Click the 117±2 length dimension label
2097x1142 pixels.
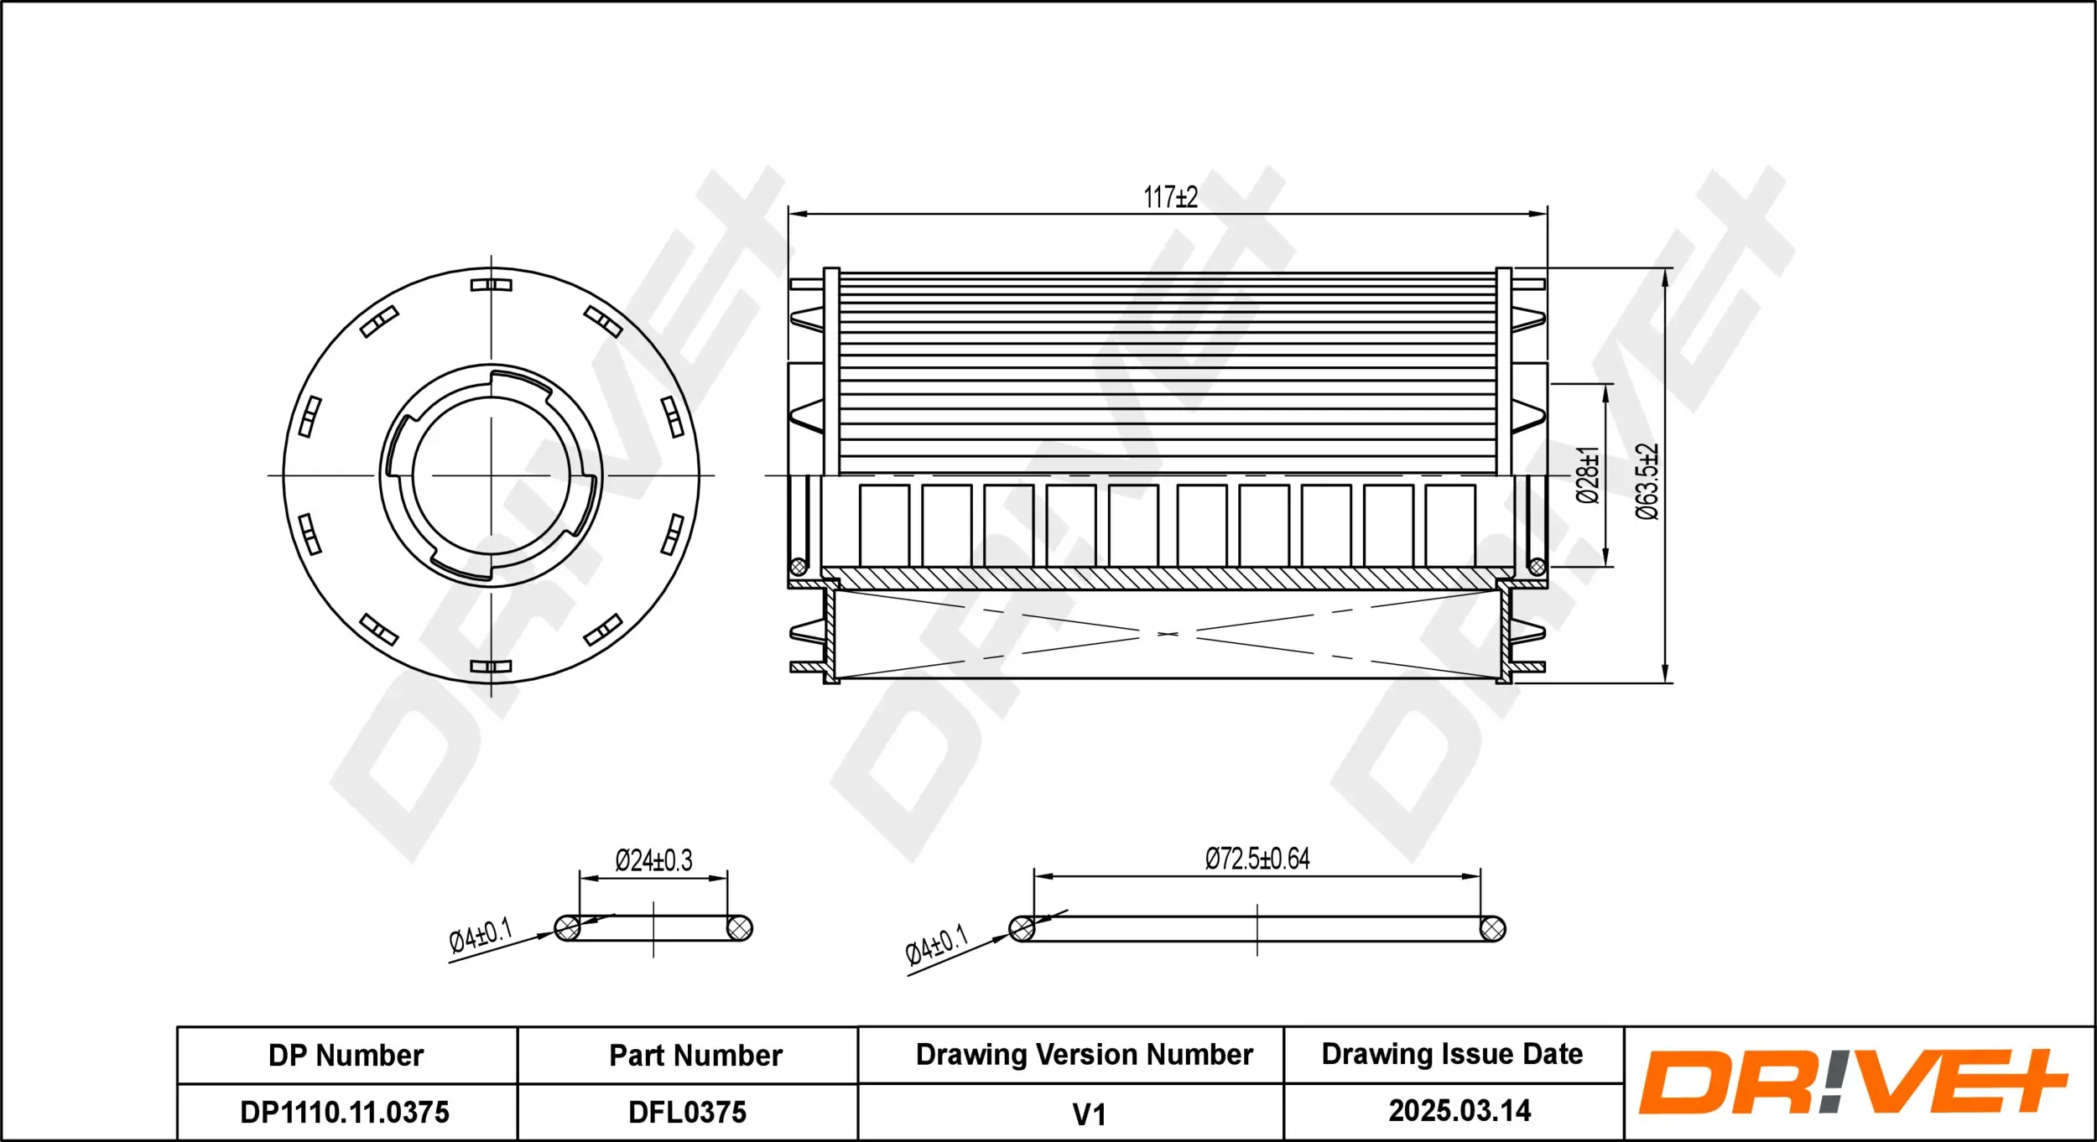(1170, 198)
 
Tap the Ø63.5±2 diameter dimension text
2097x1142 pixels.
(1647, 481)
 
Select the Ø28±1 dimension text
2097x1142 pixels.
(1588, 475)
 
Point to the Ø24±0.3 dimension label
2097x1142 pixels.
(653, 860)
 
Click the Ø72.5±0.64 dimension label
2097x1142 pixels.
(1257, 859)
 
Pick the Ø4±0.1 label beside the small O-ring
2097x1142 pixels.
(480, 936)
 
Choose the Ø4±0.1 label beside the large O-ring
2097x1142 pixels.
(936, 946)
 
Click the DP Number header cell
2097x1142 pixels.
(346, 1056)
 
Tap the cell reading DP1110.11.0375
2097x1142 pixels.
(345, 1113)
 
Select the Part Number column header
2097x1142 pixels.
(695, 1056)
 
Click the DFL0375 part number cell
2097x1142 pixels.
(687, 1113)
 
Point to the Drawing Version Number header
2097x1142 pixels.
(1084, 1055)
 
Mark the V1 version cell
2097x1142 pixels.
(1089, 1114)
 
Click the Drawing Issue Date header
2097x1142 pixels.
(1452, 1054)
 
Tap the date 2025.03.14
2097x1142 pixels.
(1460, 1111)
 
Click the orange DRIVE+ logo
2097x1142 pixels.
(1854, 1082)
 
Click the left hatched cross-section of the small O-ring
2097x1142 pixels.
(568, 928)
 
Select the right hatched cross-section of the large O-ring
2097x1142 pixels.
(1492, 929)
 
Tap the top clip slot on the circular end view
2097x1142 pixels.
(491, 285)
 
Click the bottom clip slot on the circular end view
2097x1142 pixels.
(491, 667)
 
